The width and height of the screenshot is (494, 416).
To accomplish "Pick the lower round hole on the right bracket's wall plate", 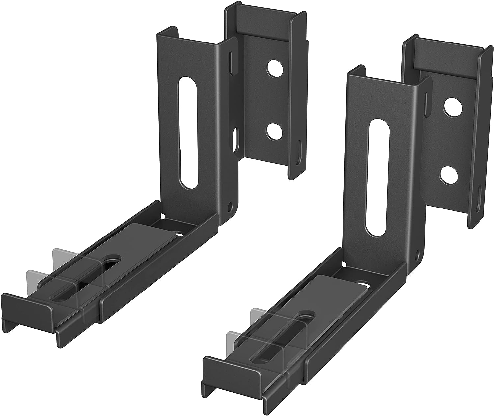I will (x=448, y=175).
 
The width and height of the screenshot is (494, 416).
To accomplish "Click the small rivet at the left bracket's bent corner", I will (x=230, y=208).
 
